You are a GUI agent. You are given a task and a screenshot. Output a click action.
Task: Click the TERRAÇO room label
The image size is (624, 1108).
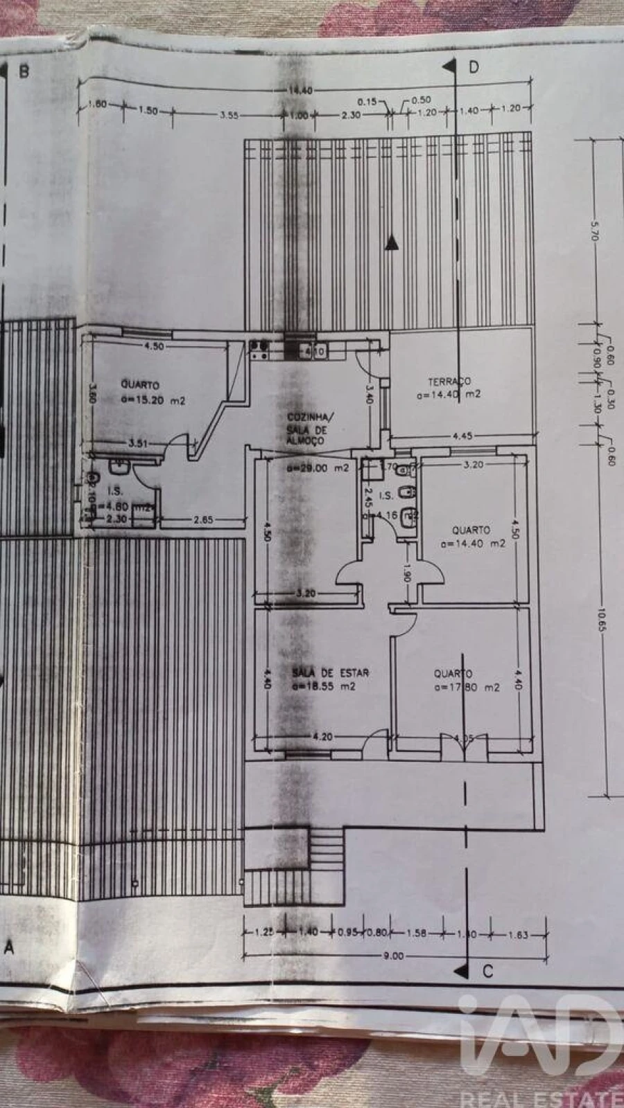[x=449, y=381]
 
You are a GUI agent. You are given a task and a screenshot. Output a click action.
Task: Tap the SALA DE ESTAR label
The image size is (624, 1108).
[x=330, y=672]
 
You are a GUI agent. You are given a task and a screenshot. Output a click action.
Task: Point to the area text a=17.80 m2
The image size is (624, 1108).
[x=467, y=688]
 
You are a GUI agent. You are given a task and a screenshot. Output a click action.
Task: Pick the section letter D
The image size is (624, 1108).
[x=474, y=66]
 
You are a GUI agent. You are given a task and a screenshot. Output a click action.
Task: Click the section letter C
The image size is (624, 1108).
[x=487, y=972]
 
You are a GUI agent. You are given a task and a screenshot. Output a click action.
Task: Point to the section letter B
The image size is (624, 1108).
[x=24, y=71]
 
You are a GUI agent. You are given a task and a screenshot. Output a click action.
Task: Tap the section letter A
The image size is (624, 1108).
[x=9, y=948]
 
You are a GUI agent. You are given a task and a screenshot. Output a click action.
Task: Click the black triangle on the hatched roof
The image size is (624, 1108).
[x=392, y=242]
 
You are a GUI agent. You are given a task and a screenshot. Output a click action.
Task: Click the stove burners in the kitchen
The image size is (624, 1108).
[x=259, y=348]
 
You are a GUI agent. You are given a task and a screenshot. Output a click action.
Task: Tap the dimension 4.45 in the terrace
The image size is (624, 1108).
[x=462, y=436]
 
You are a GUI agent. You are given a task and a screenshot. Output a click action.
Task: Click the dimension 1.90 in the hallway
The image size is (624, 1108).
[x=408, y=573]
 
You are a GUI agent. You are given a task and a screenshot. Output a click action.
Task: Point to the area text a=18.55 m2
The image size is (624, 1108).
[x=324, y=686]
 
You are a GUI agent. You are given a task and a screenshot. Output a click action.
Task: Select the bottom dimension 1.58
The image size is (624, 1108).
[x=416, y=933]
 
